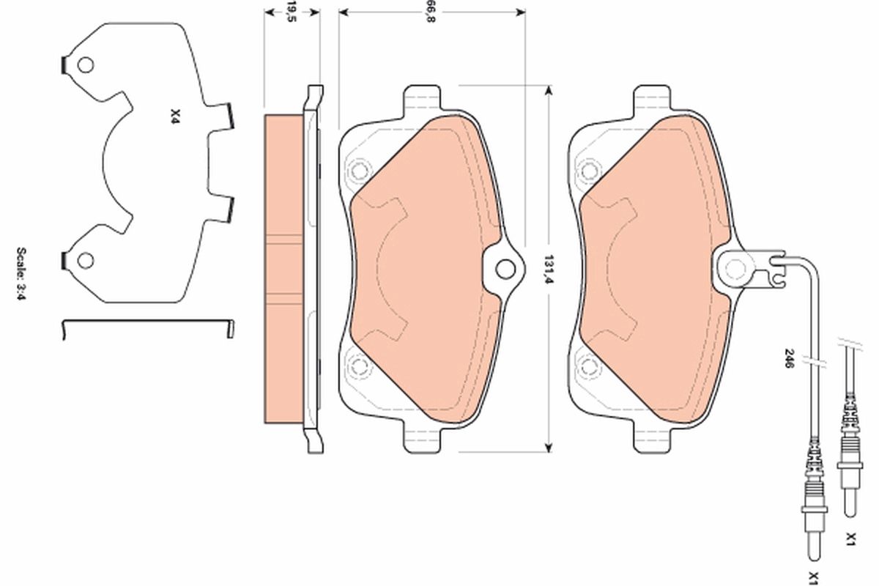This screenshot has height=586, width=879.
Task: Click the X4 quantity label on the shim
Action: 174,115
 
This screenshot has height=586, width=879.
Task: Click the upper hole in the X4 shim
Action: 86,66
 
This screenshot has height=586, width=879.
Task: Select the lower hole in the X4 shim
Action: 86,259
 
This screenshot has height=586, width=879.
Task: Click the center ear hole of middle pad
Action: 505,269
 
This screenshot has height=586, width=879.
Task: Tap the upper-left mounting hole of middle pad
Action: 358,171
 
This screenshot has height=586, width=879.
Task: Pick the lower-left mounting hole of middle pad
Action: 358,365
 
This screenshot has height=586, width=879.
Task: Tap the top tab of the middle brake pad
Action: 423,99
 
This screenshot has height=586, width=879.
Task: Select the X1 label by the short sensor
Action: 850,540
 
